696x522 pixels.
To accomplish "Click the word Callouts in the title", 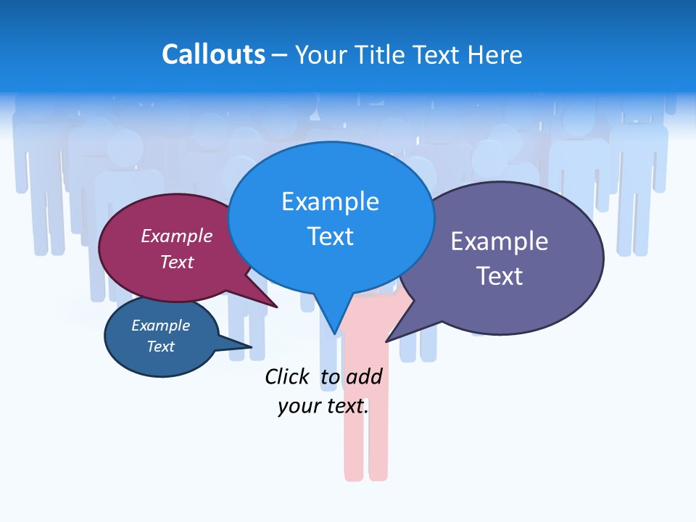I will (x=213, y=55).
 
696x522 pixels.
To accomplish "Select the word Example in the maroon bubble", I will (x=177, y=236).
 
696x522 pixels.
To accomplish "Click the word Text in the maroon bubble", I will (x=177, y=262).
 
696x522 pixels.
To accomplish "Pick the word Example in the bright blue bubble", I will (x=330, y=202).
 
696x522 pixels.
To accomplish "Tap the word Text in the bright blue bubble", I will (x=330, y=236).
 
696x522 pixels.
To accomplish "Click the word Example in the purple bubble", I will (x=499, y=241).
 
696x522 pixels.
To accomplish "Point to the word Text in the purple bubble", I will (x=499, y=276).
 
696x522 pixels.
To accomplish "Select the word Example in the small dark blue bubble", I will (x=160, y=326).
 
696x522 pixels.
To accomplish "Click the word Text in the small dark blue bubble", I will (x=160, y=347).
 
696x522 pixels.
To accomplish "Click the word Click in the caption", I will (x=287, y=376).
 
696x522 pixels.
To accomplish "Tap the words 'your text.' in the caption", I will (x=323, y=406).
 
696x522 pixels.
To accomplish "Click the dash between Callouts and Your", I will (x=280, y=55).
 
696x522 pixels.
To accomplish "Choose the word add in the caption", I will (x=364, y=376).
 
